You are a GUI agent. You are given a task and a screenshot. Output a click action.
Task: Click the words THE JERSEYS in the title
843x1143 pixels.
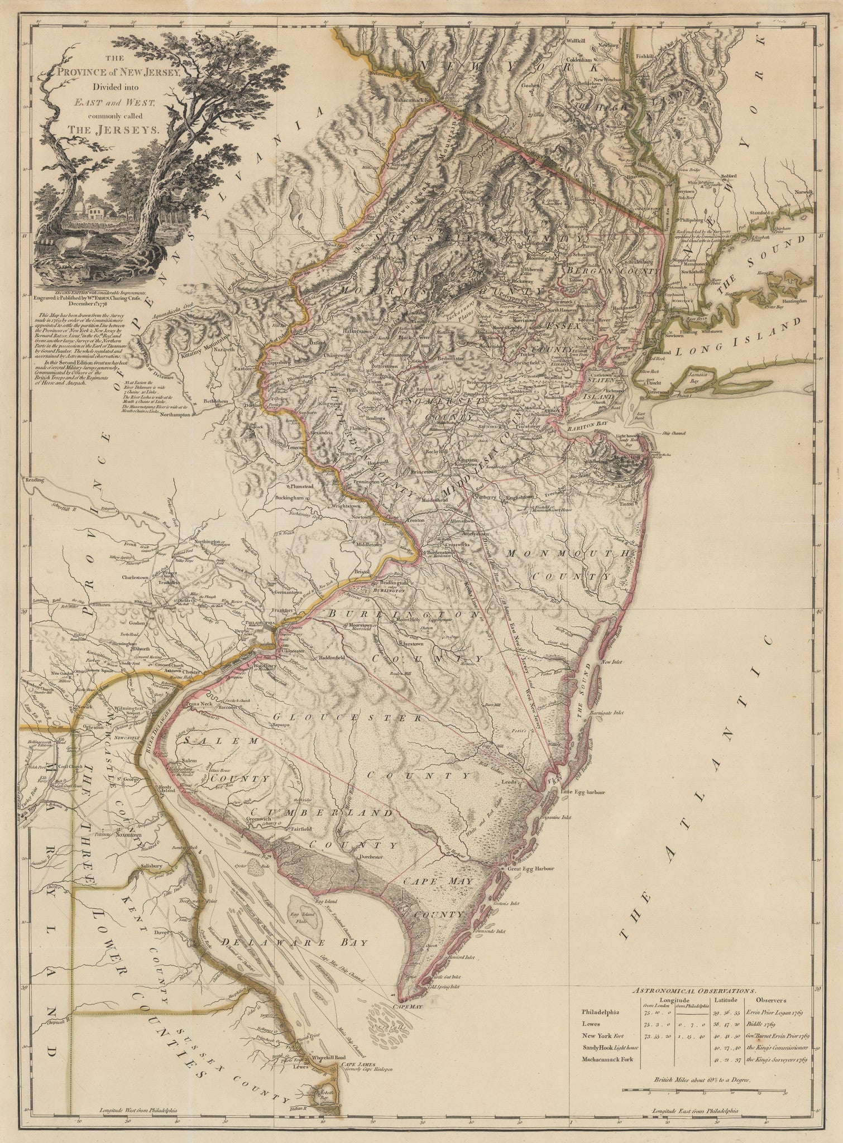pyautogui.click(x=114, y=128)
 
